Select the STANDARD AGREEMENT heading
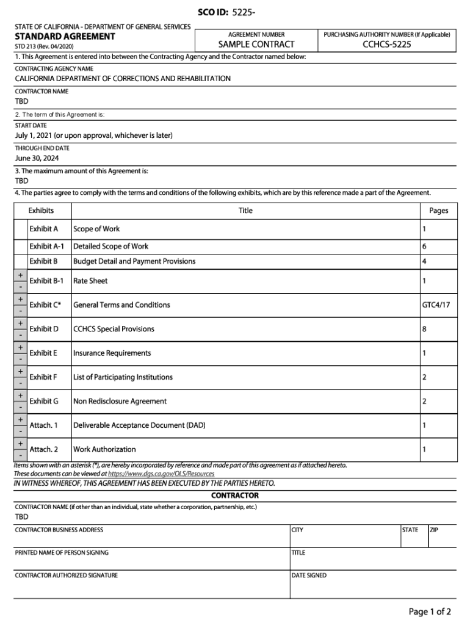click(65, 37)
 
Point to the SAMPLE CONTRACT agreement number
click(256, 45)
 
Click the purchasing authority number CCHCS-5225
click(386, 45)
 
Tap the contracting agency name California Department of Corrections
click(123, 79)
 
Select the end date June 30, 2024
click(37, 159)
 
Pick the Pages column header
click(438, 211)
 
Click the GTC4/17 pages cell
click(436, 305)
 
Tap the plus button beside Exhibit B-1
click(21, 275)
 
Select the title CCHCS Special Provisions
click(114, 329)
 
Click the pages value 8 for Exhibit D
click(424, 329)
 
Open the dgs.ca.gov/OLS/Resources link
click(161, 474)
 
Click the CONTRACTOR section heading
click(235, 495)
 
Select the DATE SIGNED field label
click(309, 575)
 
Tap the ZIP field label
click(434, 530)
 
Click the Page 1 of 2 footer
click(430, 612)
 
